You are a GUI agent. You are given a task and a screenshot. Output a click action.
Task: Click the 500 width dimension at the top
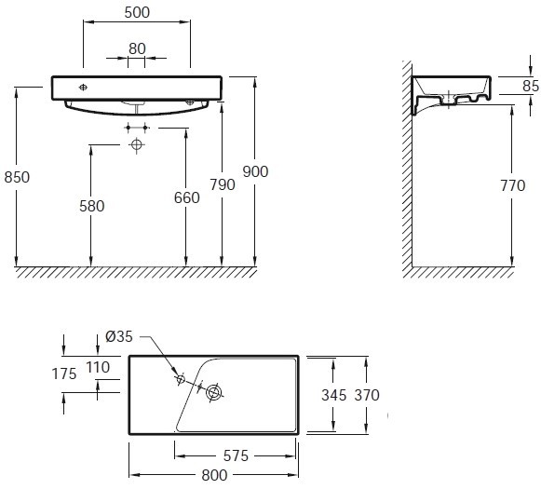137,12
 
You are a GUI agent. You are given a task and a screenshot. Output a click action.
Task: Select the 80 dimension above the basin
137,48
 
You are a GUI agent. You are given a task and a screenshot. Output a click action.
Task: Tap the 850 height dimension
17,177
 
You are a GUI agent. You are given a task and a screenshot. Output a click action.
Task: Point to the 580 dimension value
92,206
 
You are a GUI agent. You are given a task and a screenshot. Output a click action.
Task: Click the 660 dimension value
186,197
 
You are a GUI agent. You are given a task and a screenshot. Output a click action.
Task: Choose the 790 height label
223,184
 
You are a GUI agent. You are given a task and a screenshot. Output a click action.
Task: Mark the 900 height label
255,171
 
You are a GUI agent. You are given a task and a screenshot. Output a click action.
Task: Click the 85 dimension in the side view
531,86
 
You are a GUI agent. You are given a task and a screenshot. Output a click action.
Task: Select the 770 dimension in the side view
513,185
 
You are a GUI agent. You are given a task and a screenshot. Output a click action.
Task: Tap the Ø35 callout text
119,336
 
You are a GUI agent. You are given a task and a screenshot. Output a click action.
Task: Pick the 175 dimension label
64,374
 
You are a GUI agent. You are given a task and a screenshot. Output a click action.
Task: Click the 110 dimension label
98,367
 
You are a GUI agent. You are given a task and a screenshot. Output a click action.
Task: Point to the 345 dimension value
333,395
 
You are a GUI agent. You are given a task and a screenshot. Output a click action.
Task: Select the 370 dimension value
367,395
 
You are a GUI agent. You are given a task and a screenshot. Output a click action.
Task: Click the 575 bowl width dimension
236,455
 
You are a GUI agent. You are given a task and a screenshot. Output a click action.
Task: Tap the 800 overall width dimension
214,475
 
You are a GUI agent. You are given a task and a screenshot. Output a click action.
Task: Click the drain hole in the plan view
214,392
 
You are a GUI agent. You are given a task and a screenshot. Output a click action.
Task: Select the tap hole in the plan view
181,379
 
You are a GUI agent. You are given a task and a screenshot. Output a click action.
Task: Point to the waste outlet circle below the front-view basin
137,144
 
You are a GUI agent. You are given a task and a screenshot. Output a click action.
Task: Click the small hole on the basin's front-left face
83,88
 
